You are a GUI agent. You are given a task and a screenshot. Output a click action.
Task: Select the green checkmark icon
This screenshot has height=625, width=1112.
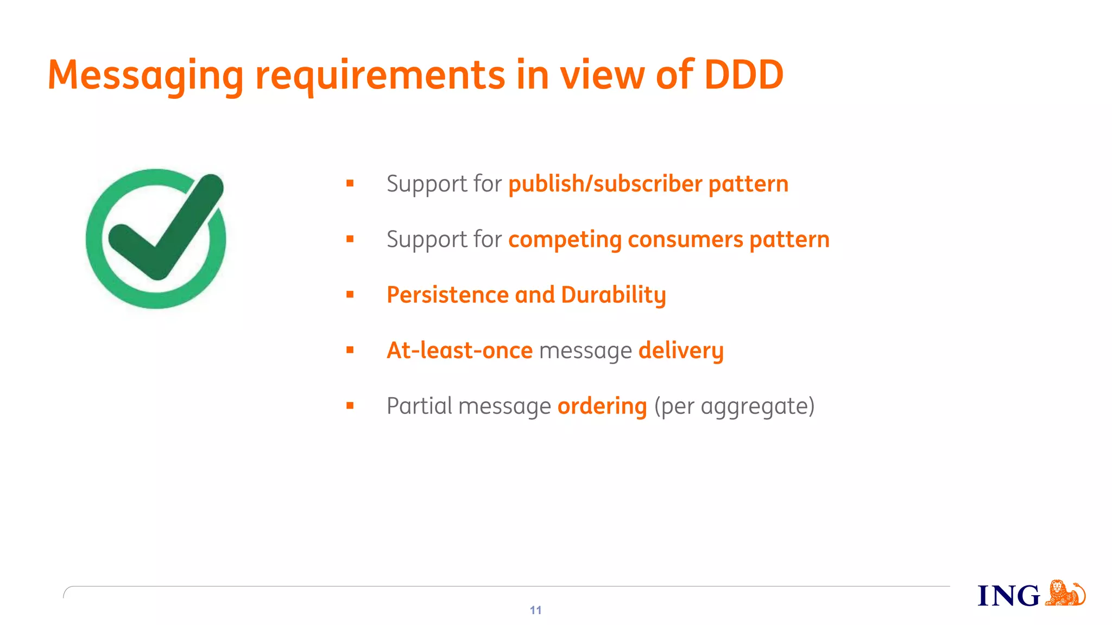[156, 239]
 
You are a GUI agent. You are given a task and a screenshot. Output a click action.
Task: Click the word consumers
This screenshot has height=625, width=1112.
[685, 240]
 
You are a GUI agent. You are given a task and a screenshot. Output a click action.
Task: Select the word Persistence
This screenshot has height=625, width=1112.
[447, 295]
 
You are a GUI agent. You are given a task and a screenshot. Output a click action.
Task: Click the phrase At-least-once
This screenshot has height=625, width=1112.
[459, 350]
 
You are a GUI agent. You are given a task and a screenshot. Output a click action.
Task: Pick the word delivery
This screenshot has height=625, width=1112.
[681, 351]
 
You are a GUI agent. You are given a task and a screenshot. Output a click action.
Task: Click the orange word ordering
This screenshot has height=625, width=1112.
[602, 406]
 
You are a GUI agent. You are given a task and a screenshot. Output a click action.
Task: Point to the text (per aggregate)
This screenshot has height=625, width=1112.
[734, 406]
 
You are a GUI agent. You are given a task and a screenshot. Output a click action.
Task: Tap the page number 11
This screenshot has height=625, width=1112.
[535, 610]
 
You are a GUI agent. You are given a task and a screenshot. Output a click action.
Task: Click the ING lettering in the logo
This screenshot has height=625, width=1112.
[1008, 596]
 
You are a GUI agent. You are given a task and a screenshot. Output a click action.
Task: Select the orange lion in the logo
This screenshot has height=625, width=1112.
[1065, 593]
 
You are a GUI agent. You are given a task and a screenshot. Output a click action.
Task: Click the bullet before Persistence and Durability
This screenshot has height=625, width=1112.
[350, 295]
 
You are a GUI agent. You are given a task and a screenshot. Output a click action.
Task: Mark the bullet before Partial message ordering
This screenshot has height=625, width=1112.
[350, 405]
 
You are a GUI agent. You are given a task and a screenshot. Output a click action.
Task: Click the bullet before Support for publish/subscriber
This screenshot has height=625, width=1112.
[350, 183]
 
